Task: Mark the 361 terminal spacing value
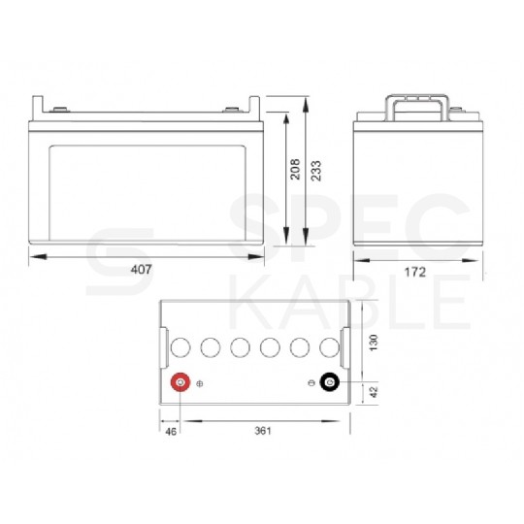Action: coord(260,429)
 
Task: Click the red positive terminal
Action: coord(179,383)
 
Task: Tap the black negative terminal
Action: coord(330,384)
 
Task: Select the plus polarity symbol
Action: coord(200,385)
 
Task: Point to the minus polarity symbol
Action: coord(311,385)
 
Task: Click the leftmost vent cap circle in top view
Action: coord(180,346)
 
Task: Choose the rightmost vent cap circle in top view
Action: coord(328,346)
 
